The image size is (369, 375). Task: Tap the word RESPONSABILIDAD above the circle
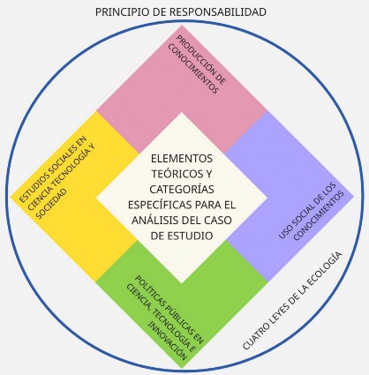pos(218,12)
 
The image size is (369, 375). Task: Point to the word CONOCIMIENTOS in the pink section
pos(193,70)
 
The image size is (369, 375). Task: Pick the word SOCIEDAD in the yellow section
pos(51,203)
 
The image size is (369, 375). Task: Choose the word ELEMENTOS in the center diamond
pos(182,159)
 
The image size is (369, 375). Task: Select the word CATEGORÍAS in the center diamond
pos(182,189)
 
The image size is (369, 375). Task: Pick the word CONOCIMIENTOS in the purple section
pos(319,215)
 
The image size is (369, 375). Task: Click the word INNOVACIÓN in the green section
pos(168,341)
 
